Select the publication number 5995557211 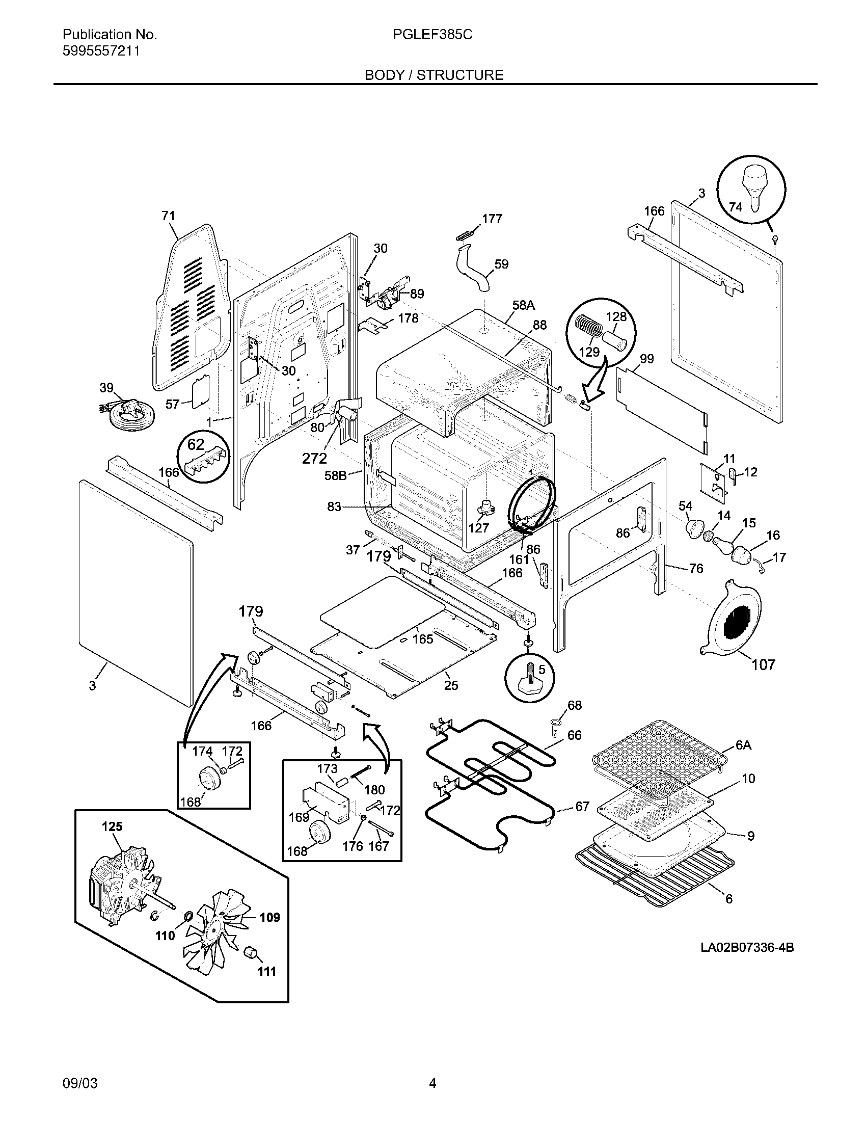pos(101,51)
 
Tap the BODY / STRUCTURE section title pos(434,75)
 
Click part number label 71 pos(168,216)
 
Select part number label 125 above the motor pos(113,826)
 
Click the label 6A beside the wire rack pos(743,745)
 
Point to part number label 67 pos(582,807)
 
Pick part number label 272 pos(314,458)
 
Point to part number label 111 pos(267,971)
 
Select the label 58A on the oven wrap pos(523,305)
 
